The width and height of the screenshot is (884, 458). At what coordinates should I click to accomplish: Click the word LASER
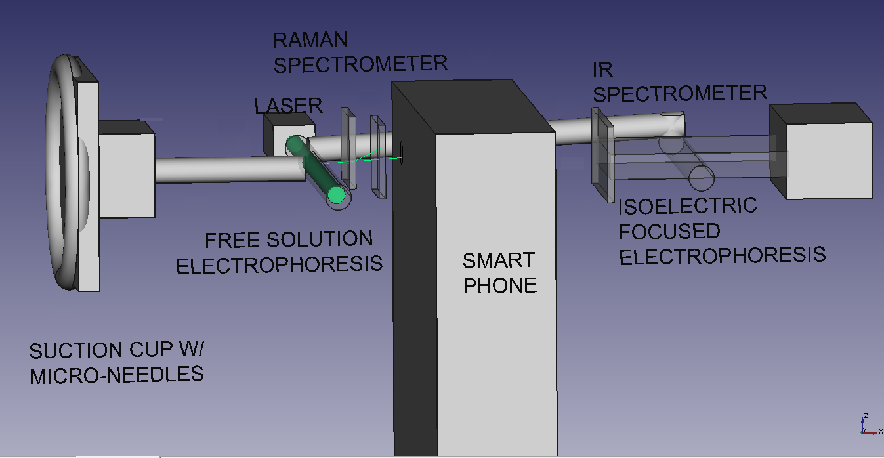coord(288,105)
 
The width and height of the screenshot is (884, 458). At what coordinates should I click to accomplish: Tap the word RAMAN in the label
coord(310,40)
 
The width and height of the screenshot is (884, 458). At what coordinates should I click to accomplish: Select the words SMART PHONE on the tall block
coord(499,272)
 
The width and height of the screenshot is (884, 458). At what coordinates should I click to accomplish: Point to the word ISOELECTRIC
coord(687,207)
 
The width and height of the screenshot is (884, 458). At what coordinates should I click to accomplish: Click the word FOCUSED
coord(669,231)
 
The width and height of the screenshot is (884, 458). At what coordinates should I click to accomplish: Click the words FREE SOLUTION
coord(289,240)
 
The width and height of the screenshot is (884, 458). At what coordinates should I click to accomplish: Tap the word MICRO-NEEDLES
coord(116,375)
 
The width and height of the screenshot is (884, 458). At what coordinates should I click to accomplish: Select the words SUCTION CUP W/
coord(116,350)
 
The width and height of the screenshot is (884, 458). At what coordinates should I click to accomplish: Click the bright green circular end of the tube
coord(337,194)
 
